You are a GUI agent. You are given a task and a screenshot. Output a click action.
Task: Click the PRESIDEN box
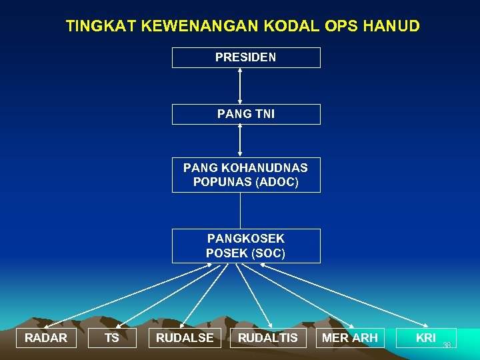point(246,57)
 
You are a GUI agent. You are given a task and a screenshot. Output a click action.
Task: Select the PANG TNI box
point(246,114)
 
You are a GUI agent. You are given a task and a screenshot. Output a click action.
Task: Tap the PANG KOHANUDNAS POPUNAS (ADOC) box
point(246,174)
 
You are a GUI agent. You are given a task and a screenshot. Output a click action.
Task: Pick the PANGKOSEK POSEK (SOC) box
point(246,245)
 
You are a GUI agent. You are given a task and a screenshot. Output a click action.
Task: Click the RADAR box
point(46,338)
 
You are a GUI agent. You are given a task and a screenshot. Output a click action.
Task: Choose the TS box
point(112,338)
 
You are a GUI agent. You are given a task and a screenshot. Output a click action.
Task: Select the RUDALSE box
point(185,338)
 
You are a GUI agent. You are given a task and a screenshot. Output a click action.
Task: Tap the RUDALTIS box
point(268,338)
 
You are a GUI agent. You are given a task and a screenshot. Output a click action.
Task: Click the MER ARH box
point(350,338)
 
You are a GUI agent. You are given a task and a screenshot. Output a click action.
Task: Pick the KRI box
point(426,338)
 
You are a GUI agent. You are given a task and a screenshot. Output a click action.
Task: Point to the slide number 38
point(447,345)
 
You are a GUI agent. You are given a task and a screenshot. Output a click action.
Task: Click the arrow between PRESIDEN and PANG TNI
point(240,85)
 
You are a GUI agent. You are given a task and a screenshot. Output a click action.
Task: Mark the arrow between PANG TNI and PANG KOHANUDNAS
point(240,141)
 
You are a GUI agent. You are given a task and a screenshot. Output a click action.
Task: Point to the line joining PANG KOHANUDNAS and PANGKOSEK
point(240,211)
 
